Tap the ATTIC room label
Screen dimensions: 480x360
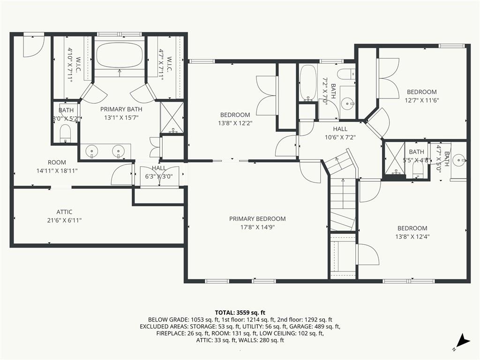click(64, 212)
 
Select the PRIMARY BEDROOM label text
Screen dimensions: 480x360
click(257, 218)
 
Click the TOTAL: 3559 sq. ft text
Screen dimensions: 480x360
click(240, 313)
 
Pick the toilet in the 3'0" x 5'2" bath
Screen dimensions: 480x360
click(65, 132)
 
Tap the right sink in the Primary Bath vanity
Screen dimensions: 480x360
click(118, 151)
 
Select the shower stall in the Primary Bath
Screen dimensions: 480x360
click(172, 117)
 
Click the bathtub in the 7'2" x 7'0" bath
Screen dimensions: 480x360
click(307, 82)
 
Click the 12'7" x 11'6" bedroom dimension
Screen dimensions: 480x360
click(421, 100)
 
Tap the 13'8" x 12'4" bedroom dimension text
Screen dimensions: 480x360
click(412, 236)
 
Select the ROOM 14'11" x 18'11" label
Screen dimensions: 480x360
click(57, 166)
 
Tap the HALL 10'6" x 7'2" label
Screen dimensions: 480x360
click(340, 133)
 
